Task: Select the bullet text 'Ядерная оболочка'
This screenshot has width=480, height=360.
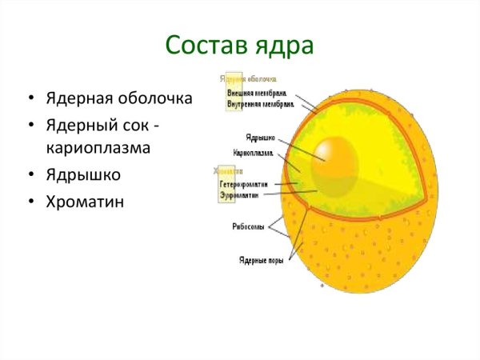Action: pyautogui.click(x=118, y=99)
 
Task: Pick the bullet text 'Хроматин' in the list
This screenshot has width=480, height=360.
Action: pyautogui.click(x=86, y=202)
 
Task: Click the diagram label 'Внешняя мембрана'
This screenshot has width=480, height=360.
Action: pyautogui.click(x=257, y=94)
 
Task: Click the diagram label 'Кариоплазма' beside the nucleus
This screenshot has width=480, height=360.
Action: pyautogui.click(x=253, y=151)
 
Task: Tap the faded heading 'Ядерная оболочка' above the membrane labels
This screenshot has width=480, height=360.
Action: pyautogui.click(x=249, y=79)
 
